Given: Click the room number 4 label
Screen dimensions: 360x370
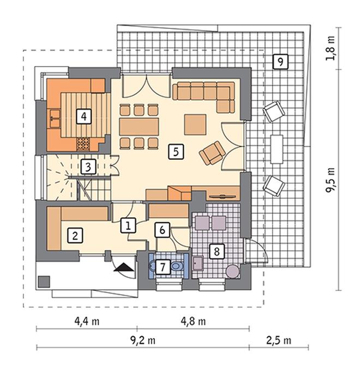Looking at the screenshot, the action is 84,116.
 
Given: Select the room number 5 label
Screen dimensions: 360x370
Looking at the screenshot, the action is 176,152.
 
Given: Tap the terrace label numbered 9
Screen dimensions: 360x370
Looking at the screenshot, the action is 280,62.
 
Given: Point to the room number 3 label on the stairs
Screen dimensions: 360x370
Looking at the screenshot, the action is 88,167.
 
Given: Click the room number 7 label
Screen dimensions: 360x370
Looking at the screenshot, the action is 163,267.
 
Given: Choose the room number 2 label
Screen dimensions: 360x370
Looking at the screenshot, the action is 75,235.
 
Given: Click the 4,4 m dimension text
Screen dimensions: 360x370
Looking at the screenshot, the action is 87,321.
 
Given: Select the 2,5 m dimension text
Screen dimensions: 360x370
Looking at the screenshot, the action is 279,341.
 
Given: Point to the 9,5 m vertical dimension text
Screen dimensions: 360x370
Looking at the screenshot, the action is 331,180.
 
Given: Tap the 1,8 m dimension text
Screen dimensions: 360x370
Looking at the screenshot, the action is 331,48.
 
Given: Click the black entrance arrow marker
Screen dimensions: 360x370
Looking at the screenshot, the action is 123,267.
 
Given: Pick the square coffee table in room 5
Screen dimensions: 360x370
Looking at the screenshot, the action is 195,124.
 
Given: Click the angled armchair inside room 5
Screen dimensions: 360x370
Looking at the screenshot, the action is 212,153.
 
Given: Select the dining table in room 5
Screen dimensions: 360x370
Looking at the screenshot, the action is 139,127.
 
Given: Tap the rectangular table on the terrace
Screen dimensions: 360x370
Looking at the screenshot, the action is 277,149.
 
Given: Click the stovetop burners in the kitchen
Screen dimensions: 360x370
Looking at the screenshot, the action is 83,144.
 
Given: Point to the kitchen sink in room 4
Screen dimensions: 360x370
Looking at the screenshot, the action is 55,118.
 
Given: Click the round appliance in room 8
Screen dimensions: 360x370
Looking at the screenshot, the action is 233,272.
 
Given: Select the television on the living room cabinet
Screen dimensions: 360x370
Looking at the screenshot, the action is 223,196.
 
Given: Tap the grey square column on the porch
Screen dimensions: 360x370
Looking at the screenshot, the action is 44,282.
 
